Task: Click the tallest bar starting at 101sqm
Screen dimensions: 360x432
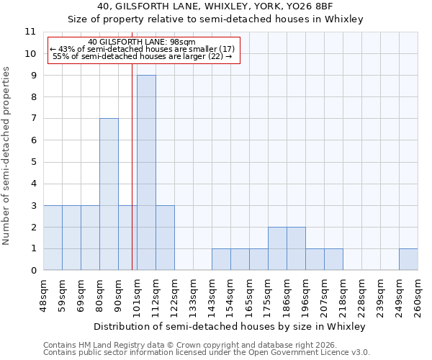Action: (146, 173)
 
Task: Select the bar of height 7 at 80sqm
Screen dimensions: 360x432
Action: (109, 194)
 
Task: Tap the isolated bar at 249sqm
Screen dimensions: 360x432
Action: (408, 259)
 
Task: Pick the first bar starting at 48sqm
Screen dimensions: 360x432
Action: (53, 238)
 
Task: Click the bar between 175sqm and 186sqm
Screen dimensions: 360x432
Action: (277, 248)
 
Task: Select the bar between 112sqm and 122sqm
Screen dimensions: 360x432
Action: (165, 238)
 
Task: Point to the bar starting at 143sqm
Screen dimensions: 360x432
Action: (221, 259)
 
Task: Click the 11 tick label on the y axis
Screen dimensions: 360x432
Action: (30, 32)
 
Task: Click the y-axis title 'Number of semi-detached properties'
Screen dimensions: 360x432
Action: (7, 155)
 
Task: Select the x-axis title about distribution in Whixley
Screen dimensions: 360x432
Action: (230, 326)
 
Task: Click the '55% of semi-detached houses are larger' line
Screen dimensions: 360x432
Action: (143, 56)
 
